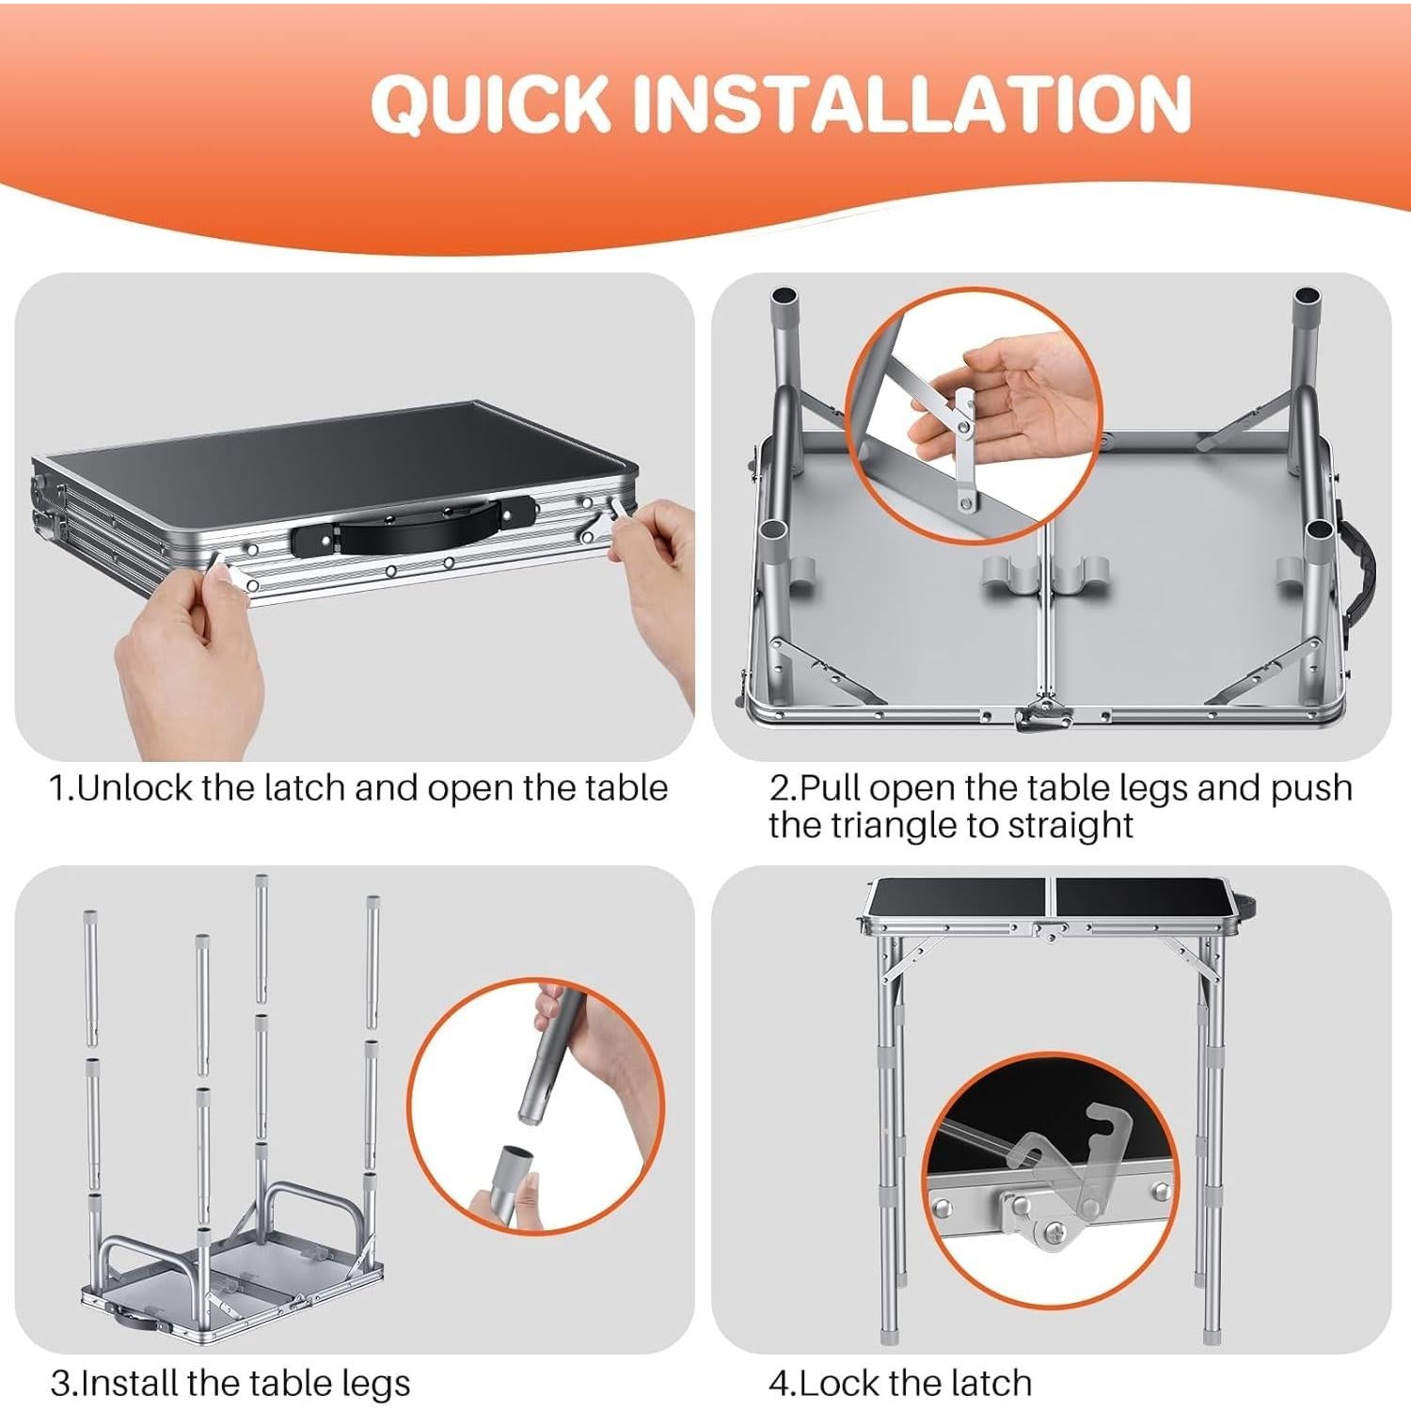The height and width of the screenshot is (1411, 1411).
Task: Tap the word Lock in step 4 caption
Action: pyautogui.click(x=839, y=1383)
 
